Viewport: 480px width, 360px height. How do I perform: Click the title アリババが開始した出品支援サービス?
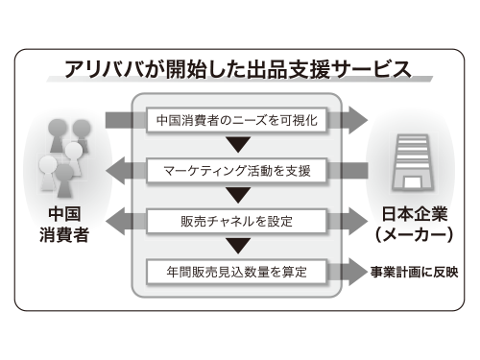(x=238, y=69)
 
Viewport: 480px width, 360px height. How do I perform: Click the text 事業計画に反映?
(x=416, y=272)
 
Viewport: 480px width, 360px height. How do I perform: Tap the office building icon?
(x=414, y=154)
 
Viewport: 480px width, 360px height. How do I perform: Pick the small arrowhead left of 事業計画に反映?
(x=356, y=272)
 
